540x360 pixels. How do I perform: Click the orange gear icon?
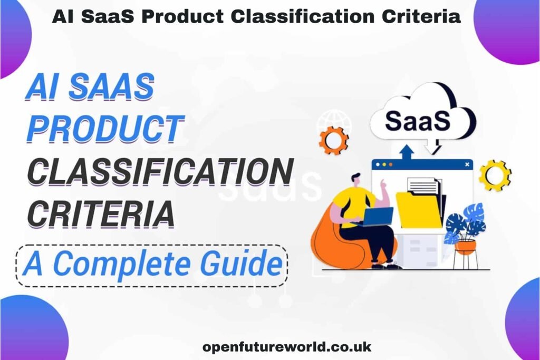tap(334, 140)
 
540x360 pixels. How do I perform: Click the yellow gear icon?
tap(495, 175)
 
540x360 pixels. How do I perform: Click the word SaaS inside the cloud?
tap(418, 121)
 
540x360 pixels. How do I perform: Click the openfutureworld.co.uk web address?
tap(287, 347)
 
